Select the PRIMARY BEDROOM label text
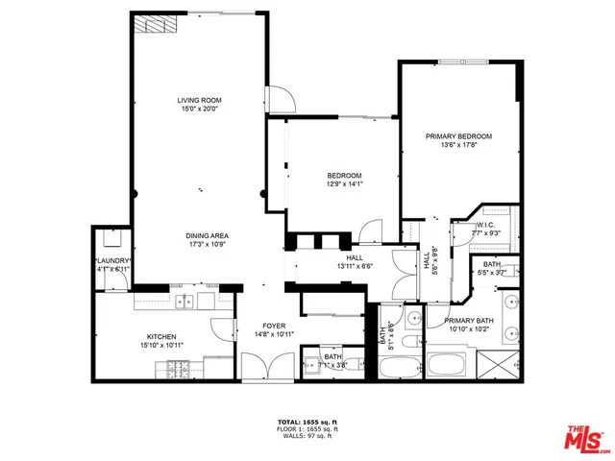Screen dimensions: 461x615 coord(458,136)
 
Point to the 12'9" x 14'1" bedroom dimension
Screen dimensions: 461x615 coord(343,184)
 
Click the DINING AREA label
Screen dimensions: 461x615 coord(207,235)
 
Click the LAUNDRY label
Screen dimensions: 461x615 coord(111,261)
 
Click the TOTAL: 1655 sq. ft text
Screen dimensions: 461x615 coord(307,422)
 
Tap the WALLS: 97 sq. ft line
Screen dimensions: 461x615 coord(307,437)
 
